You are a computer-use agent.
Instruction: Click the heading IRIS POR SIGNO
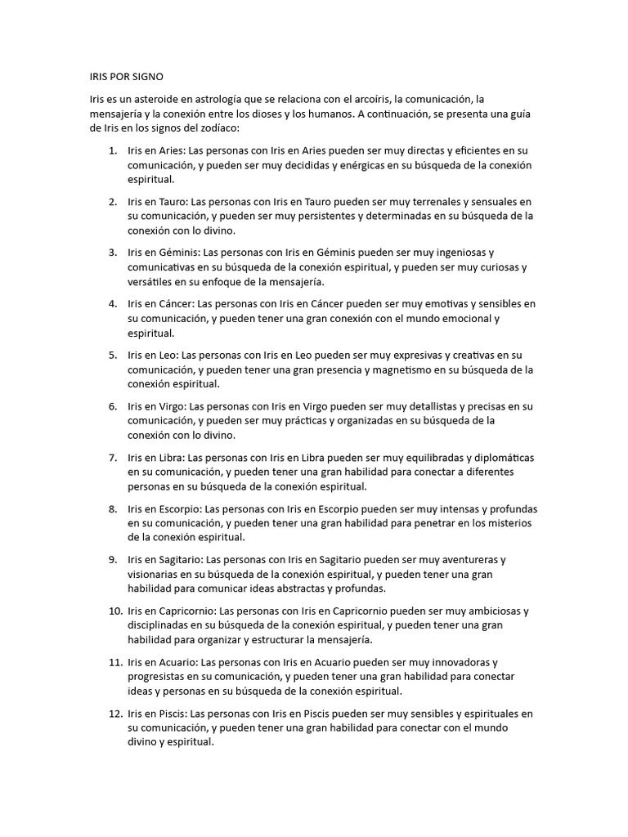tap(127, 77)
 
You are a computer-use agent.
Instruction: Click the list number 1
tap(112, 151)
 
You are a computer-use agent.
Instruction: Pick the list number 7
tap(112, 458)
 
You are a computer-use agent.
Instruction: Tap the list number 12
tap(110, 714)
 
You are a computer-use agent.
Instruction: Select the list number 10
tap(110, 611)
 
